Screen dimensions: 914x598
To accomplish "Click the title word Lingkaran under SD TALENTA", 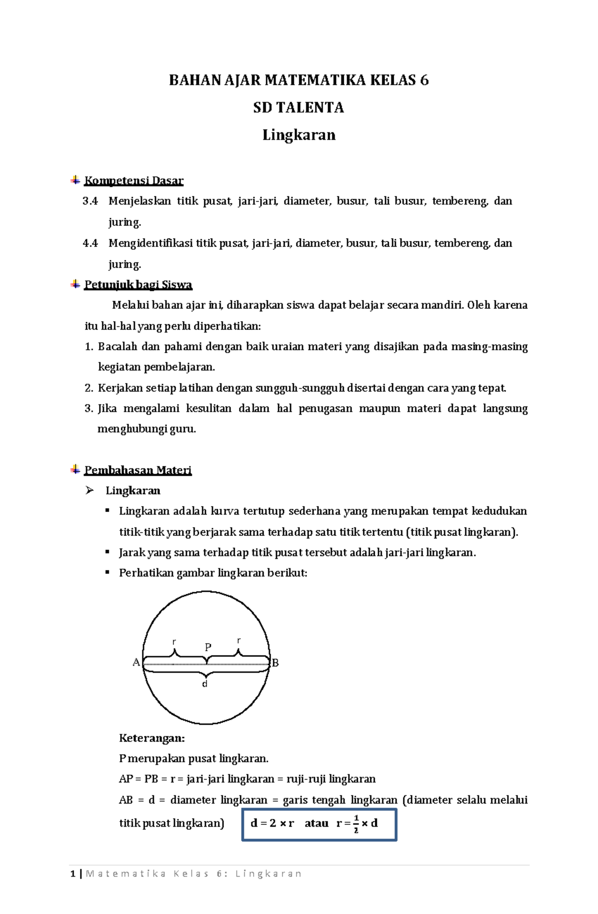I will pos(299,135).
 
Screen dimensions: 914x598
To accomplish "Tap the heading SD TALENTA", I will pos(299,108).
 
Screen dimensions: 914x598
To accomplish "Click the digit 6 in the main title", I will pos(424,80).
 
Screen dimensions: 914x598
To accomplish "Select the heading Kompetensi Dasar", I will pos(134,180).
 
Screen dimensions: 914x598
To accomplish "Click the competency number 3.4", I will pos(90,201).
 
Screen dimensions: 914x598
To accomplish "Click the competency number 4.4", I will pos(90,243).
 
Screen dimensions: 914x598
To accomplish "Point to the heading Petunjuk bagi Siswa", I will pos(138,284).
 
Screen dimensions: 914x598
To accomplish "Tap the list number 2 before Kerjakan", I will pos(88,388).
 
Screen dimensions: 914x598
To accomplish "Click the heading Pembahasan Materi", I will pos(138,470).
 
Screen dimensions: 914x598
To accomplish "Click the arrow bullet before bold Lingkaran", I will pos(90,491).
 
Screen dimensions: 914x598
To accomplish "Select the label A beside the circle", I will pos(136,662).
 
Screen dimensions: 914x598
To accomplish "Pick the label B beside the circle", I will pos(275,663).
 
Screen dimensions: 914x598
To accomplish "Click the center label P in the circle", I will pos(208,647).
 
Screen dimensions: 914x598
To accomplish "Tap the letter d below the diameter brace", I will pos(205,684).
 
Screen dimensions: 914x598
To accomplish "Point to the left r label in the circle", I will pos(174,642).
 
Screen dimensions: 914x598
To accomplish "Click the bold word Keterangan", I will pos(151,738).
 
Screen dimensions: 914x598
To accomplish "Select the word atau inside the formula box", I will pos(316,823).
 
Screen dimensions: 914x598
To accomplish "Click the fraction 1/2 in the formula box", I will pos(356,823).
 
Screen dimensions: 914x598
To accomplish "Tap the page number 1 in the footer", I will pos(73,874).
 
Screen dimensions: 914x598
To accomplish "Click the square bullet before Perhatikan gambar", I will pos(107,573).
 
